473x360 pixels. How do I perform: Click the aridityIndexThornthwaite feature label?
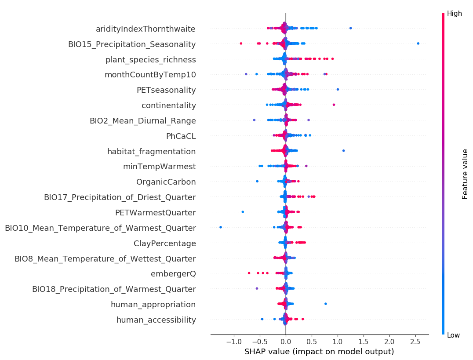coord(146,29)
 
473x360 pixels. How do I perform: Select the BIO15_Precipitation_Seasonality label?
coord(132,44)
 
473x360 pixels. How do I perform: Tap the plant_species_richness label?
coord(150,60)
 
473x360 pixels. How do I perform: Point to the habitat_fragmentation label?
coord(151,152)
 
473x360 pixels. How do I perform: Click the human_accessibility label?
coord(156,320)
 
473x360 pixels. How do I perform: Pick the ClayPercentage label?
coord(164,244)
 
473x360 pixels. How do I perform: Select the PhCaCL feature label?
coord(181,136)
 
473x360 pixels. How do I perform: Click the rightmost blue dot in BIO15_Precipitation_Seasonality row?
coord(418,43)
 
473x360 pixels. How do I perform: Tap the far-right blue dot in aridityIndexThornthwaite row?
coord(350,28)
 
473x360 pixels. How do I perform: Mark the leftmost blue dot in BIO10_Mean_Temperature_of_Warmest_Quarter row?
coord(220,227)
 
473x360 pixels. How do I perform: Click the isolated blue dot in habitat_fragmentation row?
coord(343,150)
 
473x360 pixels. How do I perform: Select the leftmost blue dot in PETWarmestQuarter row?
coord(243,212)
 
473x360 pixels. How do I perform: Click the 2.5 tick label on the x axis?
coord(415,342)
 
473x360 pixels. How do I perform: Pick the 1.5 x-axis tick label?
coord(363,342)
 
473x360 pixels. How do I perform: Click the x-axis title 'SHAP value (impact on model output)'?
coord(319,352)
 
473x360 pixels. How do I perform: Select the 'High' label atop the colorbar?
coord(455,14)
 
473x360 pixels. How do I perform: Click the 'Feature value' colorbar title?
coord(465,174)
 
